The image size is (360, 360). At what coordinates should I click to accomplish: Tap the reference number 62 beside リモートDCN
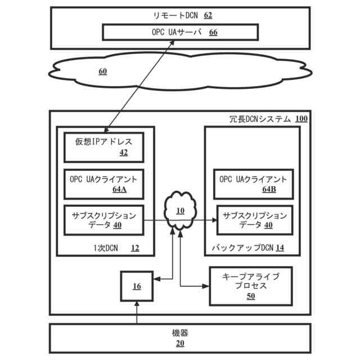(x=208, y=15)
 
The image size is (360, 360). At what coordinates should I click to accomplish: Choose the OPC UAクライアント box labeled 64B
(x=253, y=184)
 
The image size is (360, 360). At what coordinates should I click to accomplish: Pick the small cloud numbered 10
(x=180, y=213)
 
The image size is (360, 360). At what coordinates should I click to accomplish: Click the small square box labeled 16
(x=137, y=286)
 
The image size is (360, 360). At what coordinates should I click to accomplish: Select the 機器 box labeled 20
(x=180, y=337)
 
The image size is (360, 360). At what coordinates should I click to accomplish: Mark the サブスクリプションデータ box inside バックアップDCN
(x=255, y=220)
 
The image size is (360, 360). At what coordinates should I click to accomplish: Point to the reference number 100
(x=301, y=119)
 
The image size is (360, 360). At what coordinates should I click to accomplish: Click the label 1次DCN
(x=107, y=247)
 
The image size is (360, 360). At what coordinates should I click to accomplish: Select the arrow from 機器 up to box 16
(x=137, y=313)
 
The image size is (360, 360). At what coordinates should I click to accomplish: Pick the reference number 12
(x=134, y=247)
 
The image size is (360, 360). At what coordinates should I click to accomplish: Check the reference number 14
(x=280, y=247)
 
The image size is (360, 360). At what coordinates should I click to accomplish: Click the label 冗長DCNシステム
(x=260, y=119)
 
